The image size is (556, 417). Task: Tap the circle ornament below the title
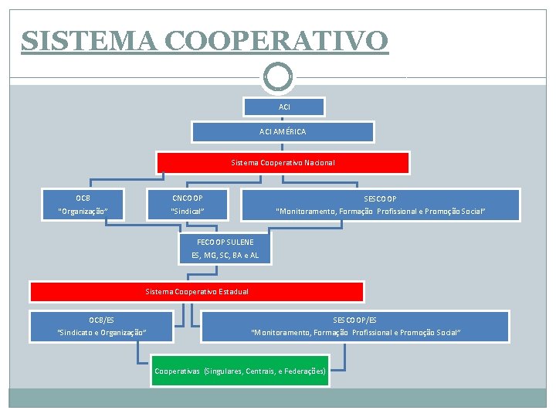278,76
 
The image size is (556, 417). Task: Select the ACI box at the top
284,107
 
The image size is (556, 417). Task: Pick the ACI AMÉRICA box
283,131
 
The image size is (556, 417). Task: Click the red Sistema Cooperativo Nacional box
283,163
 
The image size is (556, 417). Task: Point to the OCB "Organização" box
83,205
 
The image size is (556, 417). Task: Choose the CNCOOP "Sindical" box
188,205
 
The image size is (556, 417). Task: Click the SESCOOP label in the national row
380,198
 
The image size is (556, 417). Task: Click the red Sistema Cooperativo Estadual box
197,291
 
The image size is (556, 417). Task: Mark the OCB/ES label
101,320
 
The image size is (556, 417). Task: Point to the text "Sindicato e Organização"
102,333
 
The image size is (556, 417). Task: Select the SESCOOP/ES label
355,320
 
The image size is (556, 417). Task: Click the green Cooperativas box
240,371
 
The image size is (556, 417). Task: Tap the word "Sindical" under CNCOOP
188,211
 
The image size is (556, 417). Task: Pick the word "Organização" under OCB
83,211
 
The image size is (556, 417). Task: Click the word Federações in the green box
304,371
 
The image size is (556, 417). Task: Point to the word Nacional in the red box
318,163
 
